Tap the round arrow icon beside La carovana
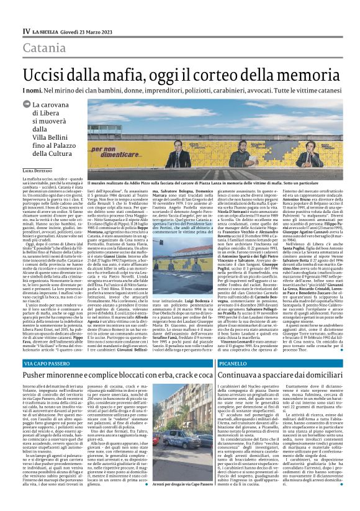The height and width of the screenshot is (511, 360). pos(27,106)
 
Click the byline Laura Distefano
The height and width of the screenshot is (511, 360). pos(37,187)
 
